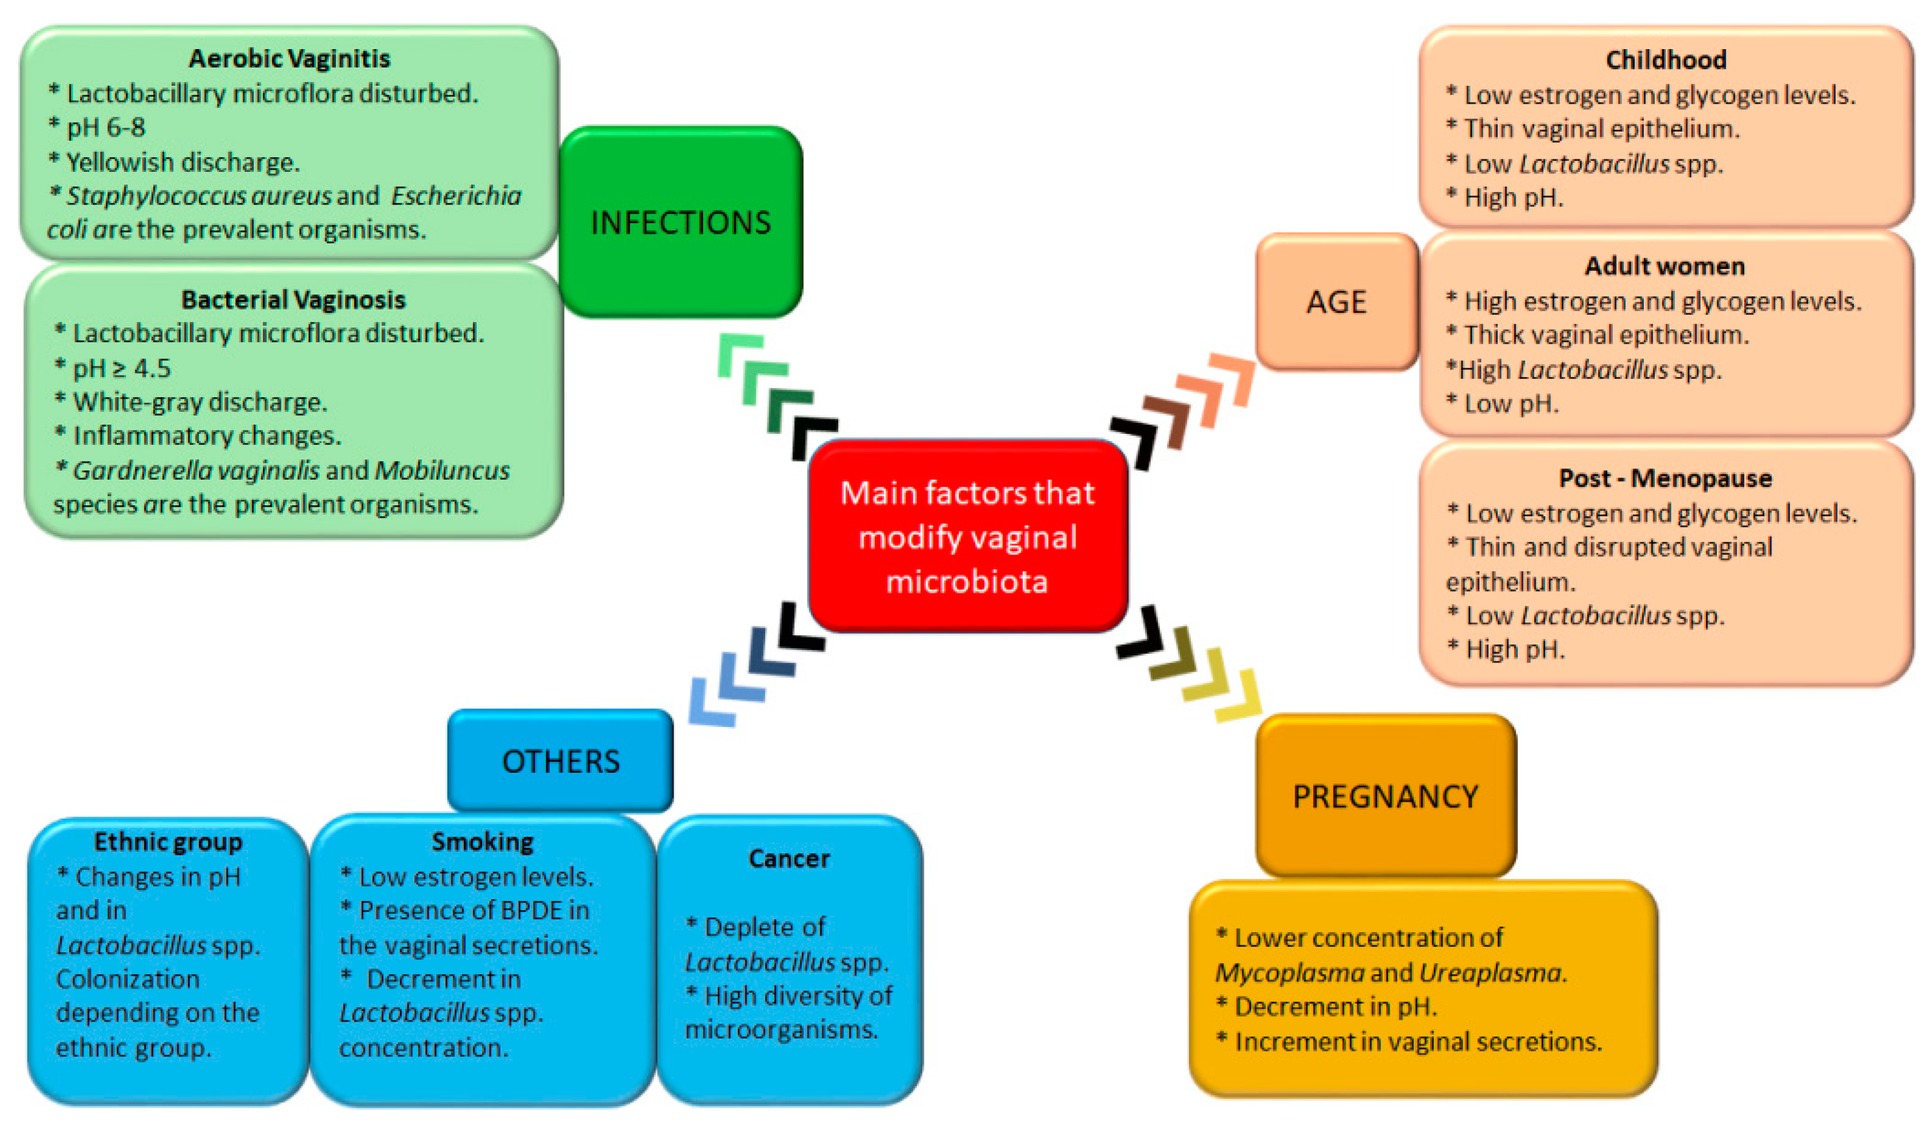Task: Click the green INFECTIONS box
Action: [x=680, y=222]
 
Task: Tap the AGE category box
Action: [x=1336, y=302]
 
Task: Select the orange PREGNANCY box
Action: [x=1385, y=797]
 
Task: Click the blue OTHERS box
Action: [x=560, y=761]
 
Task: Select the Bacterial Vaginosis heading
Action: [x=293, y=299]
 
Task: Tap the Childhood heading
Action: [x=1666, y=59]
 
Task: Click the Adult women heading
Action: [x=1665, y=266]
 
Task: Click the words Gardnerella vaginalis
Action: [x=196, y=470]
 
